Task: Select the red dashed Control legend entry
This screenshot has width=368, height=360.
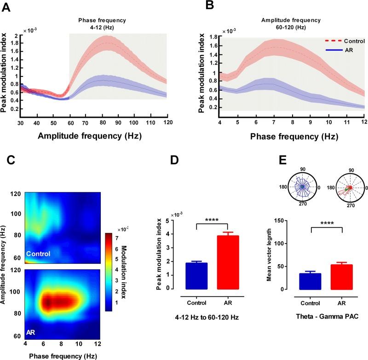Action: pos(340,41)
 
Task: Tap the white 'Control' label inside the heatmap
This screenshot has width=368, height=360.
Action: pos(38,253)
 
